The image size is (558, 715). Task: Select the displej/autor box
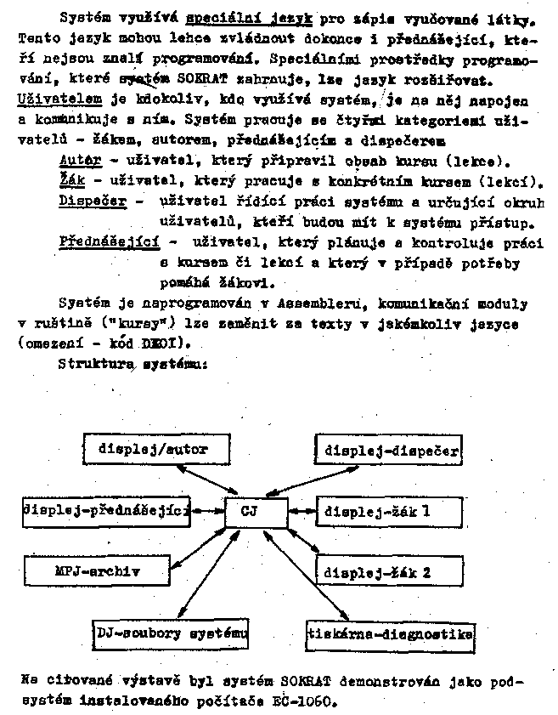(x=151, y=447)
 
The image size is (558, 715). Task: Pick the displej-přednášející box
(x=106, y=512)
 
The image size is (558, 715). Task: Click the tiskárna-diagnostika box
(x=390, y=633)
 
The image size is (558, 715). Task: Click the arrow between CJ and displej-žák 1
(x=302, y=512)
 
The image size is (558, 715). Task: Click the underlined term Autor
(x=82, y=160)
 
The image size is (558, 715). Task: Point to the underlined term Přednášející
(x=110, y=241)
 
